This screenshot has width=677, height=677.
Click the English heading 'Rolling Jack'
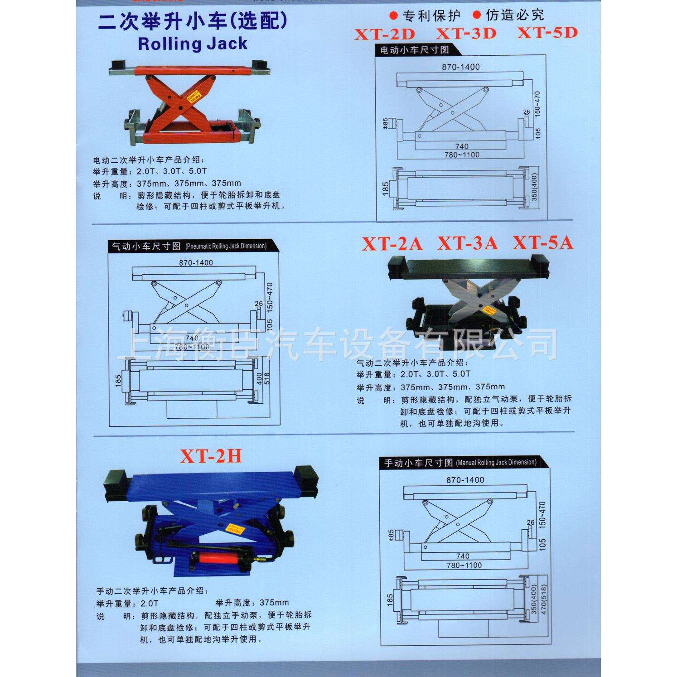click(x=193, y=44)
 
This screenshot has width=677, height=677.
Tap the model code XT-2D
click(x=385, y=34)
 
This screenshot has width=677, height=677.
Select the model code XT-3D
click(x=466, y=34)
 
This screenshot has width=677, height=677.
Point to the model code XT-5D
click(x=547, y=33)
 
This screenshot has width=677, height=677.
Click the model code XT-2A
click(x=392, y=244)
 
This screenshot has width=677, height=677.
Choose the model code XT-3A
click(x=467, y=244)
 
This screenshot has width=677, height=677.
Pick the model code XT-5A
click(x=542, y=243)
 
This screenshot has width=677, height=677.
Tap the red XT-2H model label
click(x=211, y=456)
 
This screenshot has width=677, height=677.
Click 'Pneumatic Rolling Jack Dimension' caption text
click(x=226, y=246)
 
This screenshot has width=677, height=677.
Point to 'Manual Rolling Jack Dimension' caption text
click(x=496, y=463)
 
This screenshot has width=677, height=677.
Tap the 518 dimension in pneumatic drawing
click(x=266, y=379)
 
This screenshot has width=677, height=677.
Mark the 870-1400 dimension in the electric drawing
click(x=460, y=67)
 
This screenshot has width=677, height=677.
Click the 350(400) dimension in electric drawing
click(x=535, y=187)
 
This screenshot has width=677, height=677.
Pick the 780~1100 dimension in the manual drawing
click(x=464, y=565)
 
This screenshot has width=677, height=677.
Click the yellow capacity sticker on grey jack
click(x=488, y=310)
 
